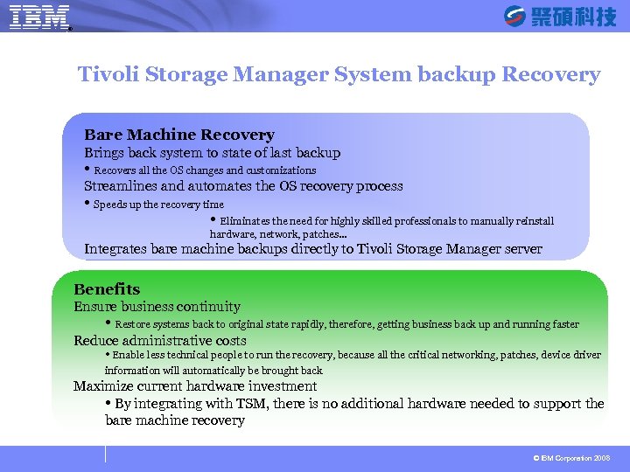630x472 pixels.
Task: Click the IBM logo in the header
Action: point(39,17)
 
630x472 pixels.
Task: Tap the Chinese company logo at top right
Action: point(560,16)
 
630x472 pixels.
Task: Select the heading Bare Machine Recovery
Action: point(179,135)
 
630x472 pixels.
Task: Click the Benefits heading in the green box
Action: point(107,289)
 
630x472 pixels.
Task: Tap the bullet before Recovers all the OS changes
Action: point(87,170)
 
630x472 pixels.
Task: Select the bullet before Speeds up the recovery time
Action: point(87,204)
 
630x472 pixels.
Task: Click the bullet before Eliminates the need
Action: point(213,220)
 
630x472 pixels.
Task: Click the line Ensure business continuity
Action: point(157,307)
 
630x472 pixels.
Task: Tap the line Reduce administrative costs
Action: point(160,341)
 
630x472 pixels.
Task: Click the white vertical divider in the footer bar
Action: point(105,454)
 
